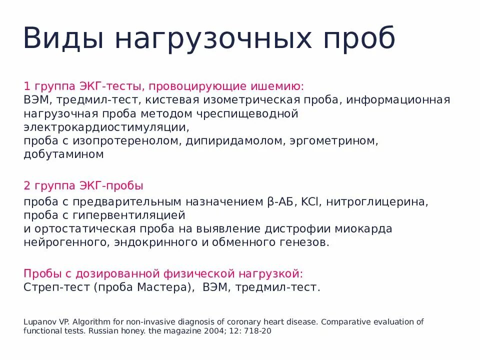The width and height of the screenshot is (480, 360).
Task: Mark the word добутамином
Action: point(63,154)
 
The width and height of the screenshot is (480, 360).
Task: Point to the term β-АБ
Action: point(278,202)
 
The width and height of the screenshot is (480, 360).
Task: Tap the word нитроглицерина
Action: point(379,202)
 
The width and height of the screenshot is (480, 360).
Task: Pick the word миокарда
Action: point(363,229)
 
